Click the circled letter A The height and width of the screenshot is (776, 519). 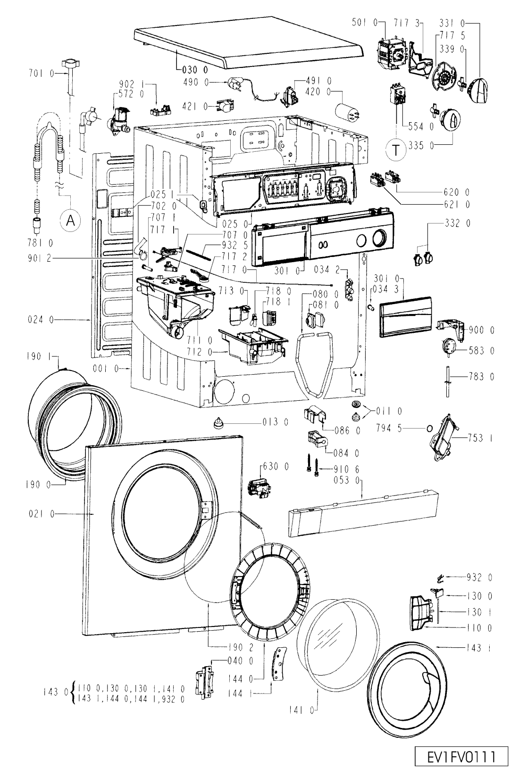pyautogui.click(x=70, y=220)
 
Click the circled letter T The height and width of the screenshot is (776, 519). pyautogui.click(x=395, y=149)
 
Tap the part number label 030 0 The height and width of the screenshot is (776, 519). pyautogui.click(x=195, y=70)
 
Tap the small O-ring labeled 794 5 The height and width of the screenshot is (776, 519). pyautogui.click(x=429, y=429)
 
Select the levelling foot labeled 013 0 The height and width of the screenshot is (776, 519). pyautogui.click(x=218, y=423)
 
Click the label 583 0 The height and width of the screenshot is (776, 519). pyautogui.click(x=481, y=351)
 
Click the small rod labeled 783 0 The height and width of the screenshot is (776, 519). pyautogui.click(x=448, y=381)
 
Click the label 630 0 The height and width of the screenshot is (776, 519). pyautogui.click(x=276, y=467)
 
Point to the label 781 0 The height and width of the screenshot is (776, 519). pyautogui.click(x=40, y=243)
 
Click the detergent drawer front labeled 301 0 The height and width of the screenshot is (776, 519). pyautogui.click(x=406, y=316)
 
